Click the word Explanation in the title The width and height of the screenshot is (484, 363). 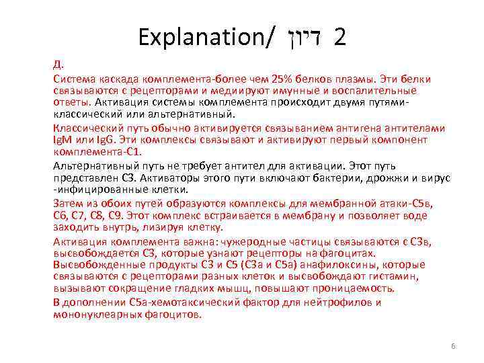tap(202, 36)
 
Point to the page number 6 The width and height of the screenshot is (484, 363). tap(453, 346)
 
